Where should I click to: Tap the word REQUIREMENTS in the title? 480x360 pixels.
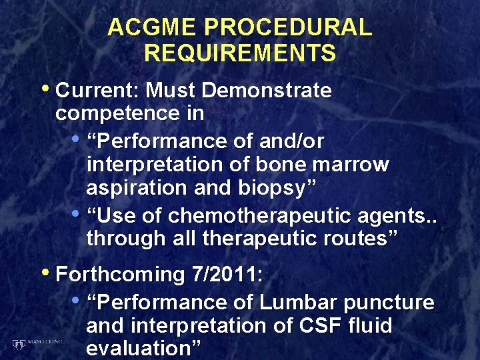[x=240, y=53]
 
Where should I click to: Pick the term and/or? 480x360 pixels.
[x=290, y=141]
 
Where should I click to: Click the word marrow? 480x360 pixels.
[x=354, y=164]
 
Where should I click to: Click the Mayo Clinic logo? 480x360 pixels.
[x=37, y=343]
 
